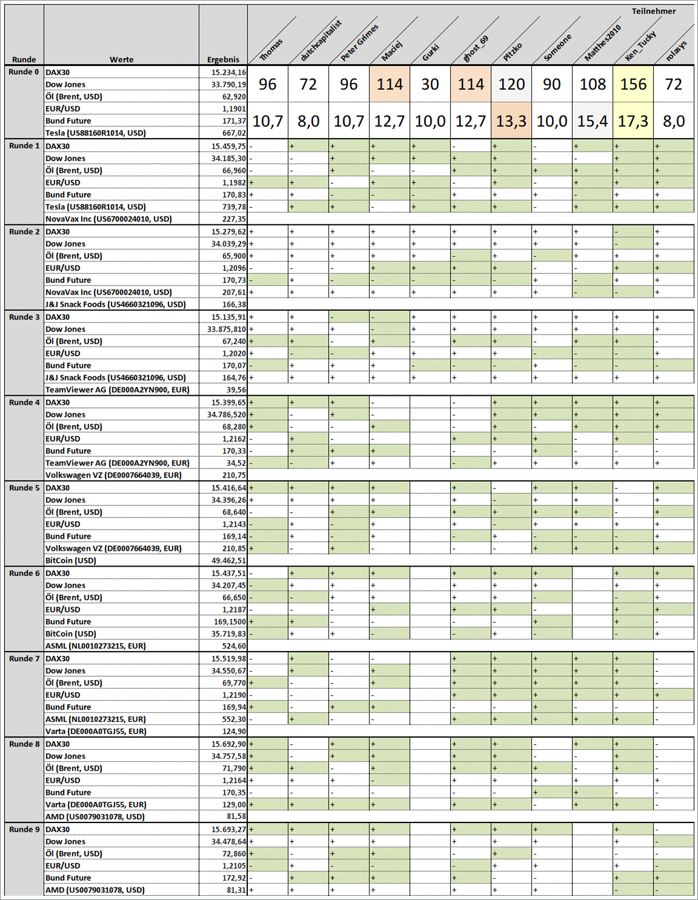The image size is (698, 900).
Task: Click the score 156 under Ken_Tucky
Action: coord(633,84)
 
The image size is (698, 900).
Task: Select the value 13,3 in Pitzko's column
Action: coord(511,121)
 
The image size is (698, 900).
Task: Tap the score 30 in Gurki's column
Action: coord(430,84)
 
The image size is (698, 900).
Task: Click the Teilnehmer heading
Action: coord(653,11)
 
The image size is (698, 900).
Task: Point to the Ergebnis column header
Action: coord(223,59)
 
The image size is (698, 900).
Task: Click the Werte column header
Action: coord(121,59)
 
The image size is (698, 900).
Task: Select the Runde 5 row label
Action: coord(24,488)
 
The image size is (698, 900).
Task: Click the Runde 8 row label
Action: coord(24,744)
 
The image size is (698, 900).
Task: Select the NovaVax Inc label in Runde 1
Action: coord(108,219)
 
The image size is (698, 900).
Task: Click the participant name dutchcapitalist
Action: coord(321,41)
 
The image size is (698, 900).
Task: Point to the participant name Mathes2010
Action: coord(602,43)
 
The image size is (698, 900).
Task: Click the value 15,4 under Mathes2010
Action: coord(592,121)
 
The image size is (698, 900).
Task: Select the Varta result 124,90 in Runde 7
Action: coord(234,732)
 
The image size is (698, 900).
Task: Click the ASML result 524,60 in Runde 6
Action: coord(234,646)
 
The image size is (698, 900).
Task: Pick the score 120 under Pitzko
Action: coord(511,84)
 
